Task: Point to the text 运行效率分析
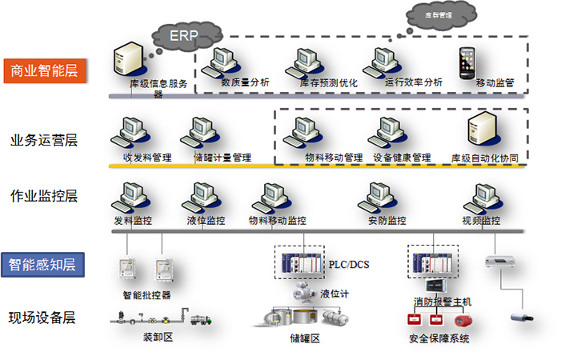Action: click(x=413, y=82)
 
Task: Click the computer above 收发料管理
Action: click(x=134, y=132)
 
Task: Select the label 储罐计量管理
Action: click(x=222, y=158)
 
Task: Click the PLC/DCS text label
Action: click(x=349, y=263)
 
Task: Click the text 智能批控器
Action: click(x=146, y=294)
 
